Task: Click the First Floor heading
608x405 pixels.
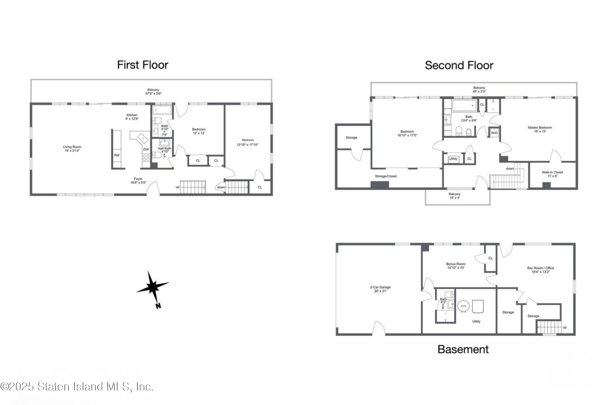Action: click(143, 65)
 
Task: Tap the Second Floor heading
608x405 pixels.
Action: click(459, 65)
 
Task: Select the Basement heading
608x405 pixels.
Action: click(463, 350)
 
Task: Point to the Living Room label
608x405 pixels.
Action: click(72, 148)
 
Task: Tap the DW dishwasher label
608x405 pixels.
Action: click(146, 149)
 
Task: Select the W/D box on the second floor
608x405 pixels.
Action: click(494, 133)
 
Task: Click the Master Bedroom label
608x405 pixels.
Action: click(540, 129)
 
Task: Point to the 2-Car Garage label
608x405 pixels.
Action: click(380, 289)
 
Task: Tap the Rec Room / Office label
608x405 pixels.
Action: click(541, 270)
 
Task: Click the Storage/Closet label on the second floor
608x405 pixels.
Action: click(386, 176)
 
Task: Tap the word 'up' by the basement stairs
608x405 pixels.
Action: click(565, 327)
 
